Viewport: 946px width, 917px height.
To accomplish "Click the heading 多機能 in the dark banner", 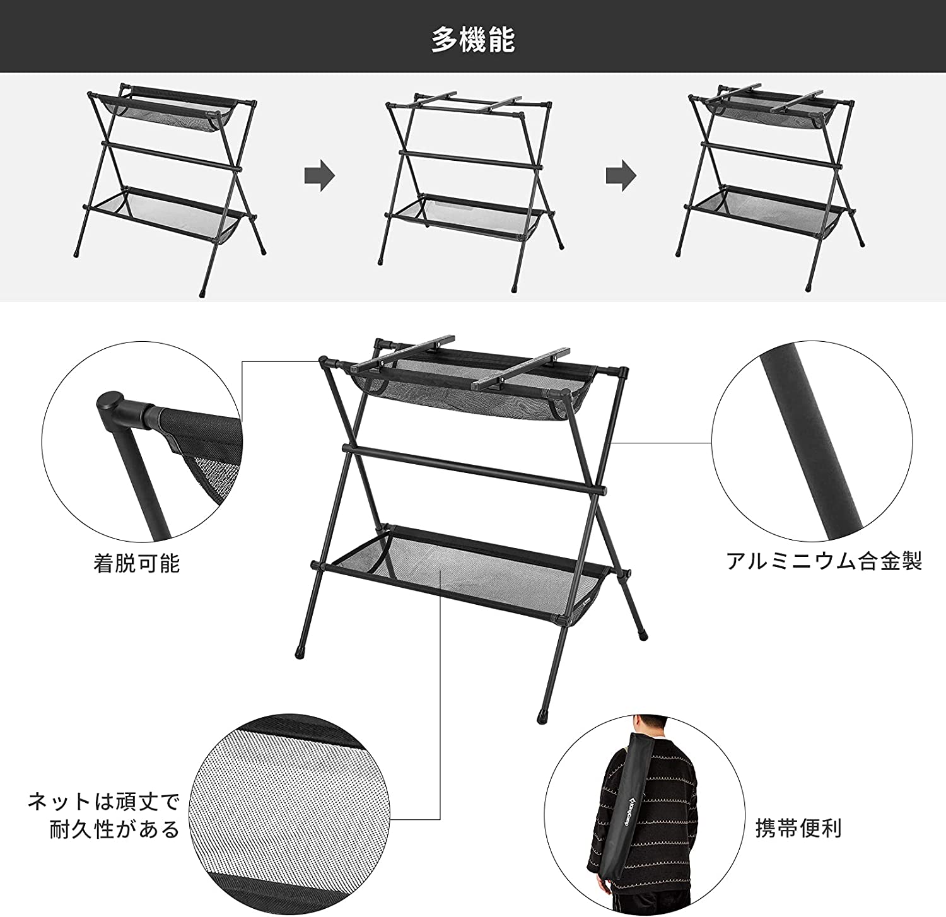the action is click(473, 40).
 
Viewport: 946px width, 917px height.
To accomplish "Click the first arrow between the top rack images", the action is click(319, 177).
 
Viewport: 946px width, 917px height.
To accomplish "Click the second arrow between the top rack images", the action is click(621, 177).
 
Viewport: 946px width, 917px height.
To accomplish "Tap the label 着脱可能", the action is click(137, 563).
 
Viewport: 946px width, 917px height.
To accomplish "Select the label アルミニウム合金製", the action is click(824, 561).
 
